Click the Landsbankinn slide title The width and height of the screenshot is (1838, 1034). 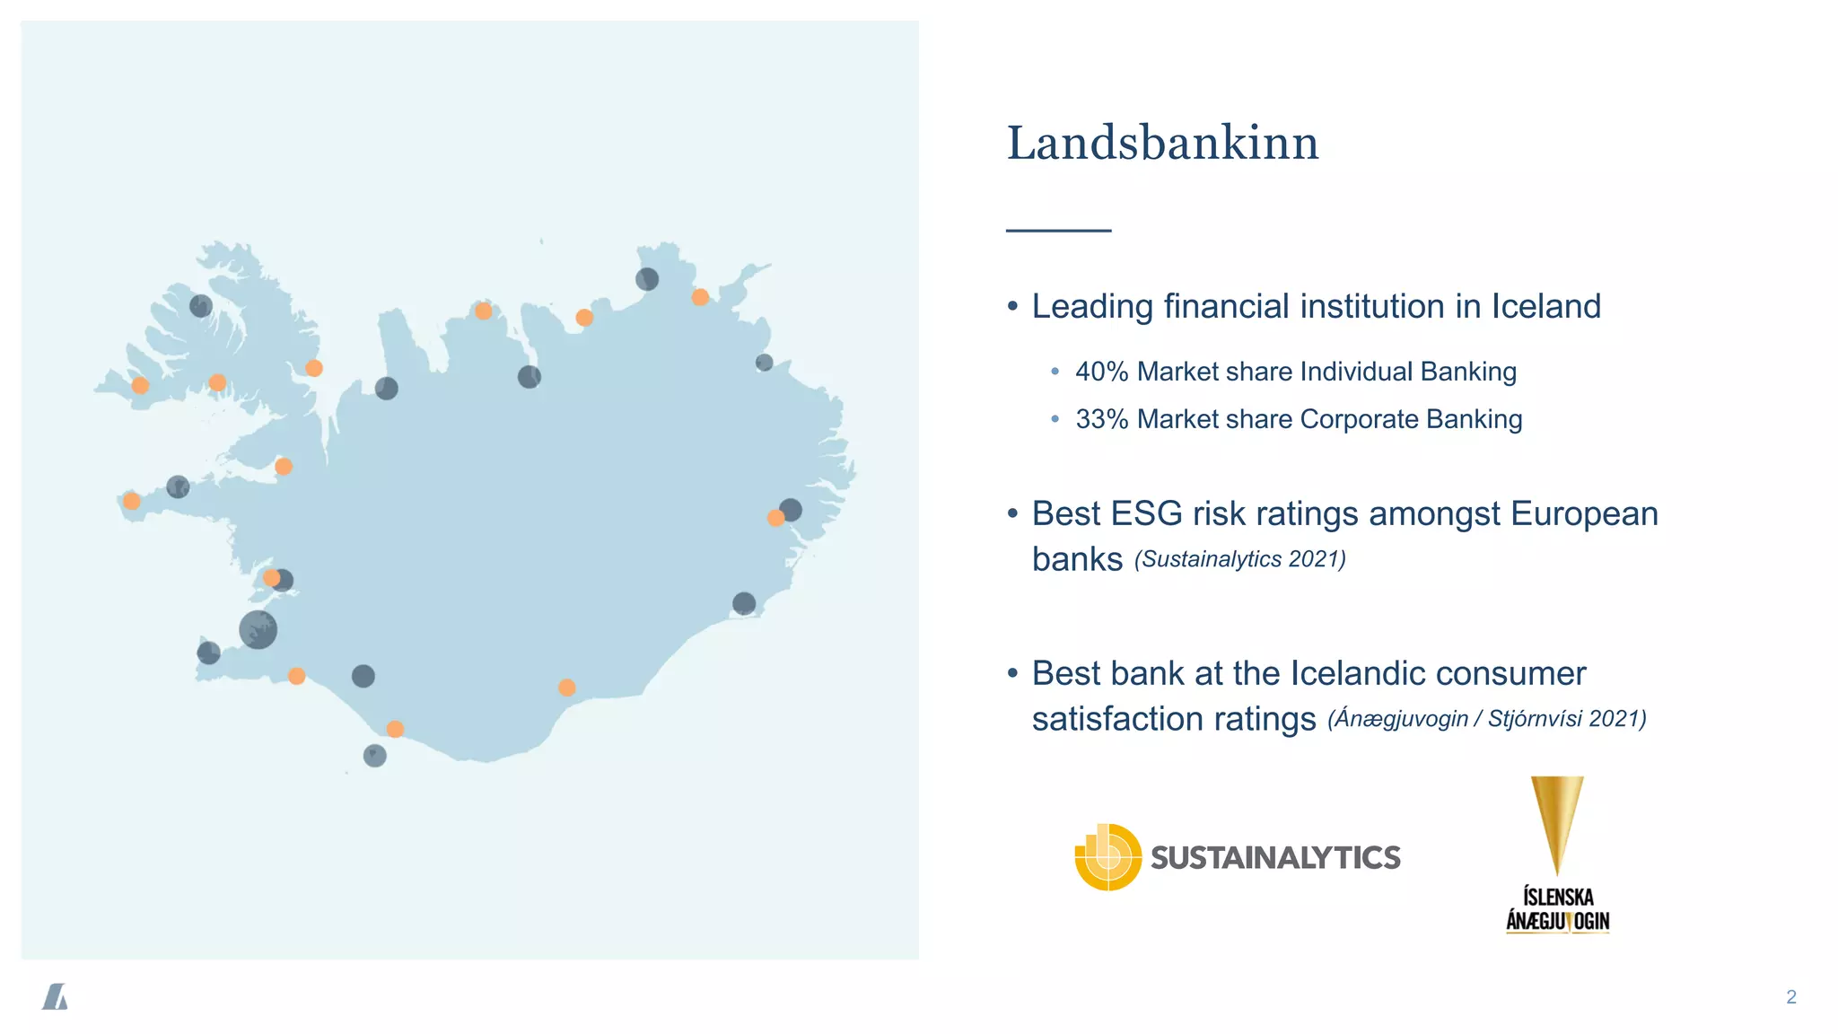(x=1162, y=144)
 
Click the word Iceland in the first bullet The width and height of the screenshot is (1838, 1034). (x=1545, y=307)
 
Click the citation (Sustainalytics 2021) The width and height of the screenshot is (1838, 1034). (x=1239, y=559)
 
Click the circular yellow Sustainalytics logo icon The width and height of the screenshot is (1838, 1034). (x=1108, y=857)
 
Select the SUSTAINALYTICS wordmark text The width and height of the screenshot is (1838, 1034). (x=1275, y=858)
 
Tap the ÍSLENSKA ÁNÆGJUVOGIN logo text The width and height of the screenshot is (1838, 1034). (x=1558, y=909)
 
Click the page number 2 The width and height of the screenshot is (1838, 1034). (x=1791, y=997)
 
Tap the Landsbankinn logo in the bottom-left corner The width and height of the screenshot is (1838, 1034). (x=56, y=996)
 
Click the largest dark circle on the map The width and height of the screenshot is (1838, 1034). (x=258, y=629)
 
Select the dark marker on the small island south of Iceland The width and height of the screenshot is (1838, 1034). (x=374, y=756)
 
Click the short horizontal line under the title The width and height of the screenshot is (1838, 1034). (x=1058, y=231)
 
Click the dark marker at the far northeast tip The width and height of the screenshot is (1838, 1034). (x=647, y=279)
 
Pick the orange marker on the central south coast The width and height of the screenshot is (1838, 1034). (x=566, y=688)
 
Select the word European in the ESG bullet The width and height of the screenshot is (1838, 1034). (x=1584, y=514)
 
